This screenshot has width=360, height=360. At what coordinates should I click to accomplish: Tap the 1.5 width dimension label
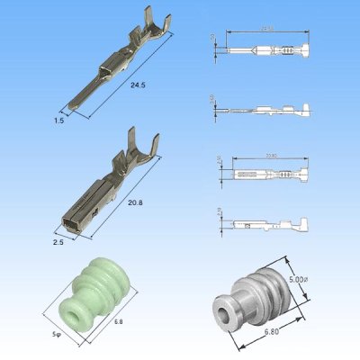coord(60,118)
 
